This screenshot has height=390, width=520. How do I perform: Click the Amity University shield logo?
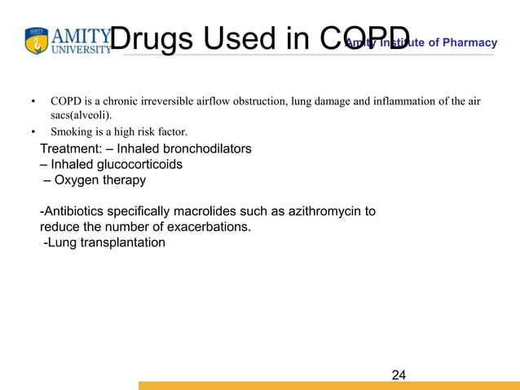[37, 41]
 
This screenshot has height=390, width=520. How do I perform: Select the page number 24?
[399, 375]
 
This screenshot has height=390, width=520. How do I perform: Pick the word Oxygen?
[77, 180]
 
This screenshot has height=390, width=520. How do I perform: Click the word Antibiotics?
[74, 211]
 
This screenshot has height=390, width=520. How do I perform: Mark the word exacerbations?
[206, 227]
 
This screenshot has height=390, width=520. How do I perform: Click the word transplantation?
[122, 242]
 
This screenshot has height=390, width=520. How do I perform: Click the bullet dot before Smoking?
[33, 131]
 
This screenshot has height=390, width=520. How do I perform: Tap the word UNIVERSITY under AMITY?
[82, 49]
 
